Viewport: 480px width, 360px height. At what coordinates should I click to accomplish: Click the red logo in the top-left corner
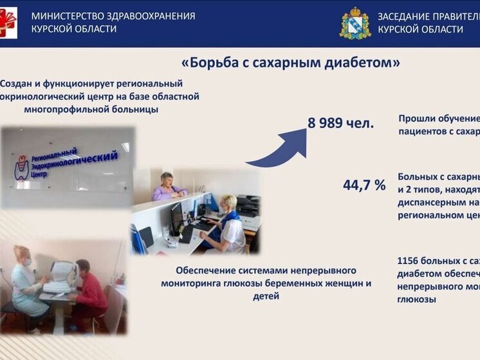pos(8,23)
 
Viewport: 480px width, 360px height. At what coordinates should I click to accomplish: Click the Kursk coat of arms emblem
pos(355,23)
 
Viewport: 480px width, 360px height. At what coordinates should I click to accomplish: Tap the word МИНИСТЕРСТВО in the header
pos(68,15)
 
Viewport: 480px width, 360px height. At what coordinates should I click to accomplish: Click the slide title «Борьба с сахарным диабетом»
pos(291,62)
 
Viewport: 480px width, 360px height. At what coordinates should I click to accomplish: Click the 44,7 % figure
pos(364,185)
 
